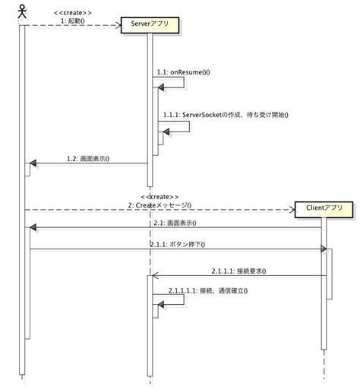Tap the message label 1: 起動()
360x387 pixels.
(x=74, y=21)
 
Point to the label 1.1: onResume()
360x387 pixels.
(x=183, y=72)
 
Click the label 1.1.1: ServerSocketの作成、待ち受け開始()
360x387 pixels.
(x=226, y=115)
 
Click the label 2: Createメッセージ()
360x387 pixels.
(x=159, y=204)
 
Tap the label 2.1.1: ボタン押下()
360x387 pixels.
(x=177, y=244)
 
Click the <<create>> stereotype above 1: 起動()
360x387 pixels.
(x=74, y=13)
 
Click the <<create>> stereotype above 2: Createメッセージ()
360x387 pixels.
(x=159, y=195)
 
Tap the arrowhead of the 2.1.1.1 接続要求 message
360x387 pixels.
(x=155, y=275)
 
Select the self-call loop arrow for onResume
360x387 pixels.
(x=181, y=81)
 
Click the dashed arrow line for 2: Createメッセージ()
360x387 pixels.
(x=228, y=209)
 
